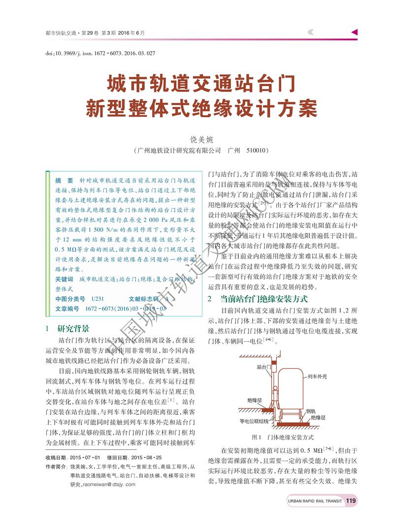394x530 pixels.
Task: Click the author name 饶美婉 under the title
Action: (x=197, y=139)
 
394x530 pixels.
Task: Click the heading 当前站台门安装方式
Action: (x=264, y=299)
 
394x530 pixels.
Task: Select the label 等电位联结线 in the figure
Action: (x=254, y=421)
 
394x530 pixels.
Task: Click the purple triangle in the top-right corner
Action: (x=354, y=32)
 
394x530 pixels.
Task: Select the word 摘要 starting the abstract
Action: (x=64, y=180)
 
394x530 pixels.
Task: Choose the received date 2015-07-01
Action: (x=84, y=457)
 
